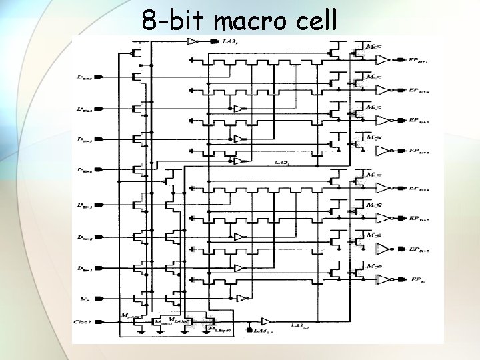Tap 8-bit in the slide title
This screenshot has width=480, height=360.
173,21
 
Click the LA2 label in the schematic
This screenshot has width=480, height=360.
281,163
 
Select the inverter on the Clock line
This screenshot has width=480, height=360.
265,321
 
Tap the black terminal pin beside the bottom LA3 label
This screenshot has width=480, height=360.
249,330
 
